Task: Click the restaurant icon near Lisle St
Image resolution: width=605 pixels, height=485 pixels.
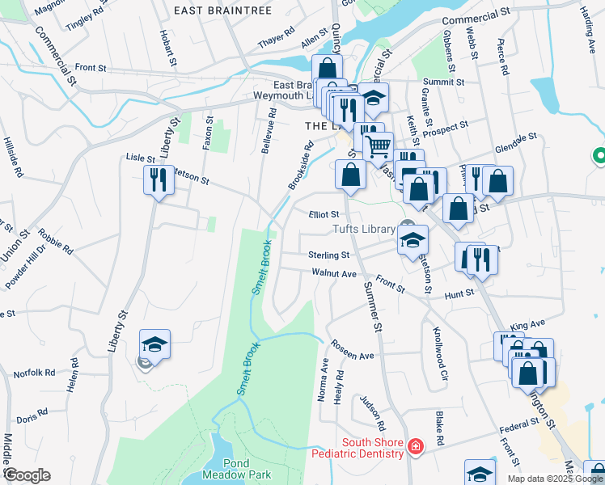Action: tap(158, 179)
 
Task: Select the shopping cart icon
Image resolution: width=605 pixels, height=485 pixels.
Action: tap(378, 147)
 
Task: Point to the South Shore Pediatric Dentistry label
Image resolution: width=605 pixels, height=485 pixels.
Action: tap(372, 448)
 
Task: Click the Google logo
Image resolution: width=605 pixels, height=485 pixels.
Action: tap(27, 475)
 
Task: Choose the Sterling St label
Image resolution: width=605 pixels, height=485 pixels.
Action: tap(328, 255)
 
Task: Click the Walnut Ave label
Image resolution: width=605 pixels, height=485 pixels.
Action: tap(334, 274)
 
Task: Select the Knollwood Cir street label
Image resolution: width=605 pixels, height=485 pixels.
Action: tap(440, 353)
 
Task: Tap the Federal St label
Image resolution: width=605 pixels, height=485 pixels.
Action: tap(518, 425)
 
